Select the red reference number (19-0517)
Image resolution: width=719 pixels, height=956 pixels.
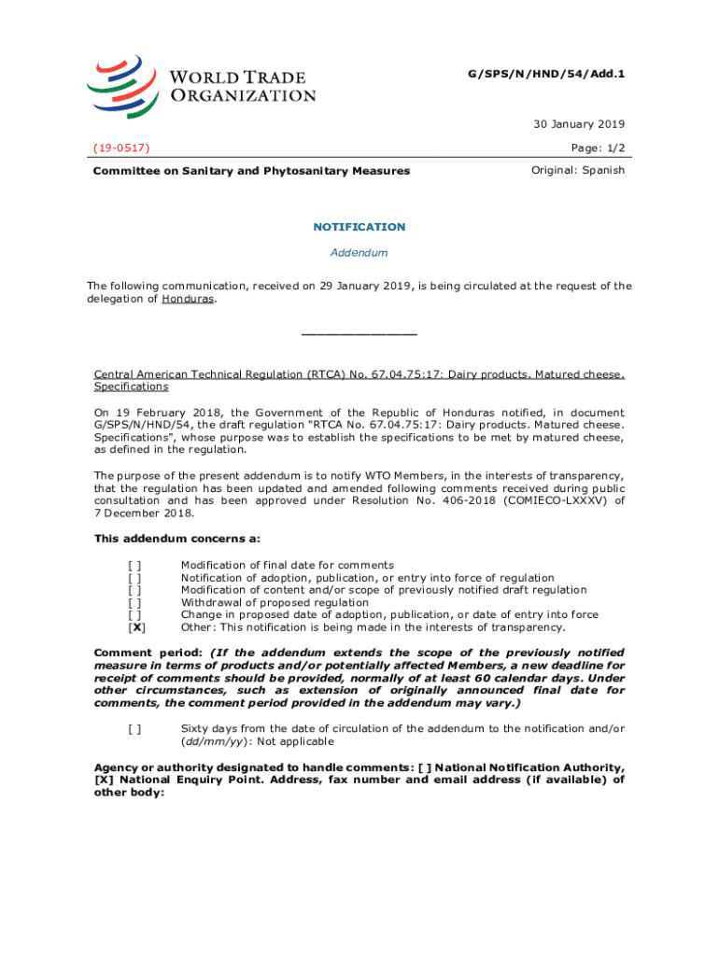tap(122, 148)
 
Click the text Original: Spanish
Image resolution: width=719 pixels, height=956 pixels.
tap(578, 170)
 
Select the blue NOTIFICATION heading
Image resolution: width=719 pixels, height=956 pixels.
tap(359, 227)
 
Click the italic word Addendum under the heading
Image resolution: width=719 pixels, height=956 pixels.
tap(359, 252)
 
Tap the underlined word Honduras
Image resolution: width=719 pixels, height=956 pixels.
tap(188, 299)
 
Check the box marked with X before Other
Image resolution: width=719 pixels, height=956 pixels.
tap(136, 627)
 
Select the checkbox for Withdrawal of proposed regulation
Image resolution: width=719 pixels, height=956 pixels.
tap(136, 602)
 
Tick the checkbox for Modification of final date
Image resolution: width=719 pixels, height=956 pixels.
tap(136, 565)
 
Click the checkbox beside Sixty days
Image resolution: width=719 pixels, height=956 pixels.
tap(136, 728)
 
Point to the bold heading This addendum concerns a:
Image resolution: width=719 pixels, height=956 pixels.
tap(177, 539)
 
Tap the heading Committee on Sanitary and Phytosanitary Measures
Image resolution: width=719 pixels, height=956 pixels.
tap(251, 171)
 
